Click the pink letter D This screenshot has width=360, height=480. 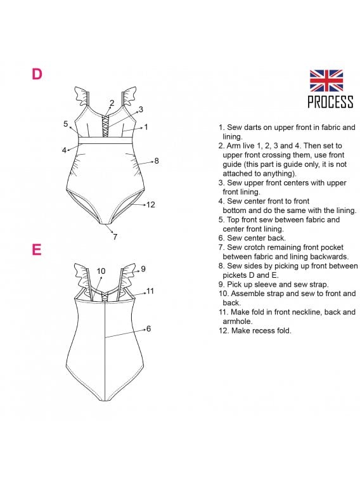(37, 74)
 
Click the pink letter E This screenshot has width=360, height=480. (37, 249)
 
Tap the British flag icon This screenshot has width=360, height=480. (326, 81)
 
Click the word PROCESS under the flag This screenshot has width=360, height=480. (330, 102)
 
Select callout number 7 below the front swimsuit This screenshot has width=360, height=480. (115, 237)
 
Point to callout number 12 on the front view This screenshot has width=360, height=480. (150, 204)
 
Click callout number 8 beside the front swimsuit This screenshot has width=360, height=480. (157, 160)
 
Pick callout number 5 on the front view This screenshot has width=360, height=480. (65, 124)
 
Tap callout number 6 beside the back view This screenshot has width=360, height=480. (149, 328)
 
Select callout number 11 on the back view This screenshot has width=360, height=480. (150, 291)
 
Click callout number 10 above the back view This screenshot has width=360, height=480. (101, 271)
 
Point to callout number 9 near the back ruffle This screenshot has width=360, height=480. (143, 269)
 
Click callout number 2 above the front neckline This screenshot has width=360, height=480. (112, 103)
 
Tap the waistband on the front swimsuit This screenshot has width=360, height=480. (105, 140)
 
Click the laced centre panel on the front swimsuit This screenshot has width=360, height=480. (105, 126)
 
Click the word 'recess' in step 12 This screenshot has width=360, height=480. (264, 330)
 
